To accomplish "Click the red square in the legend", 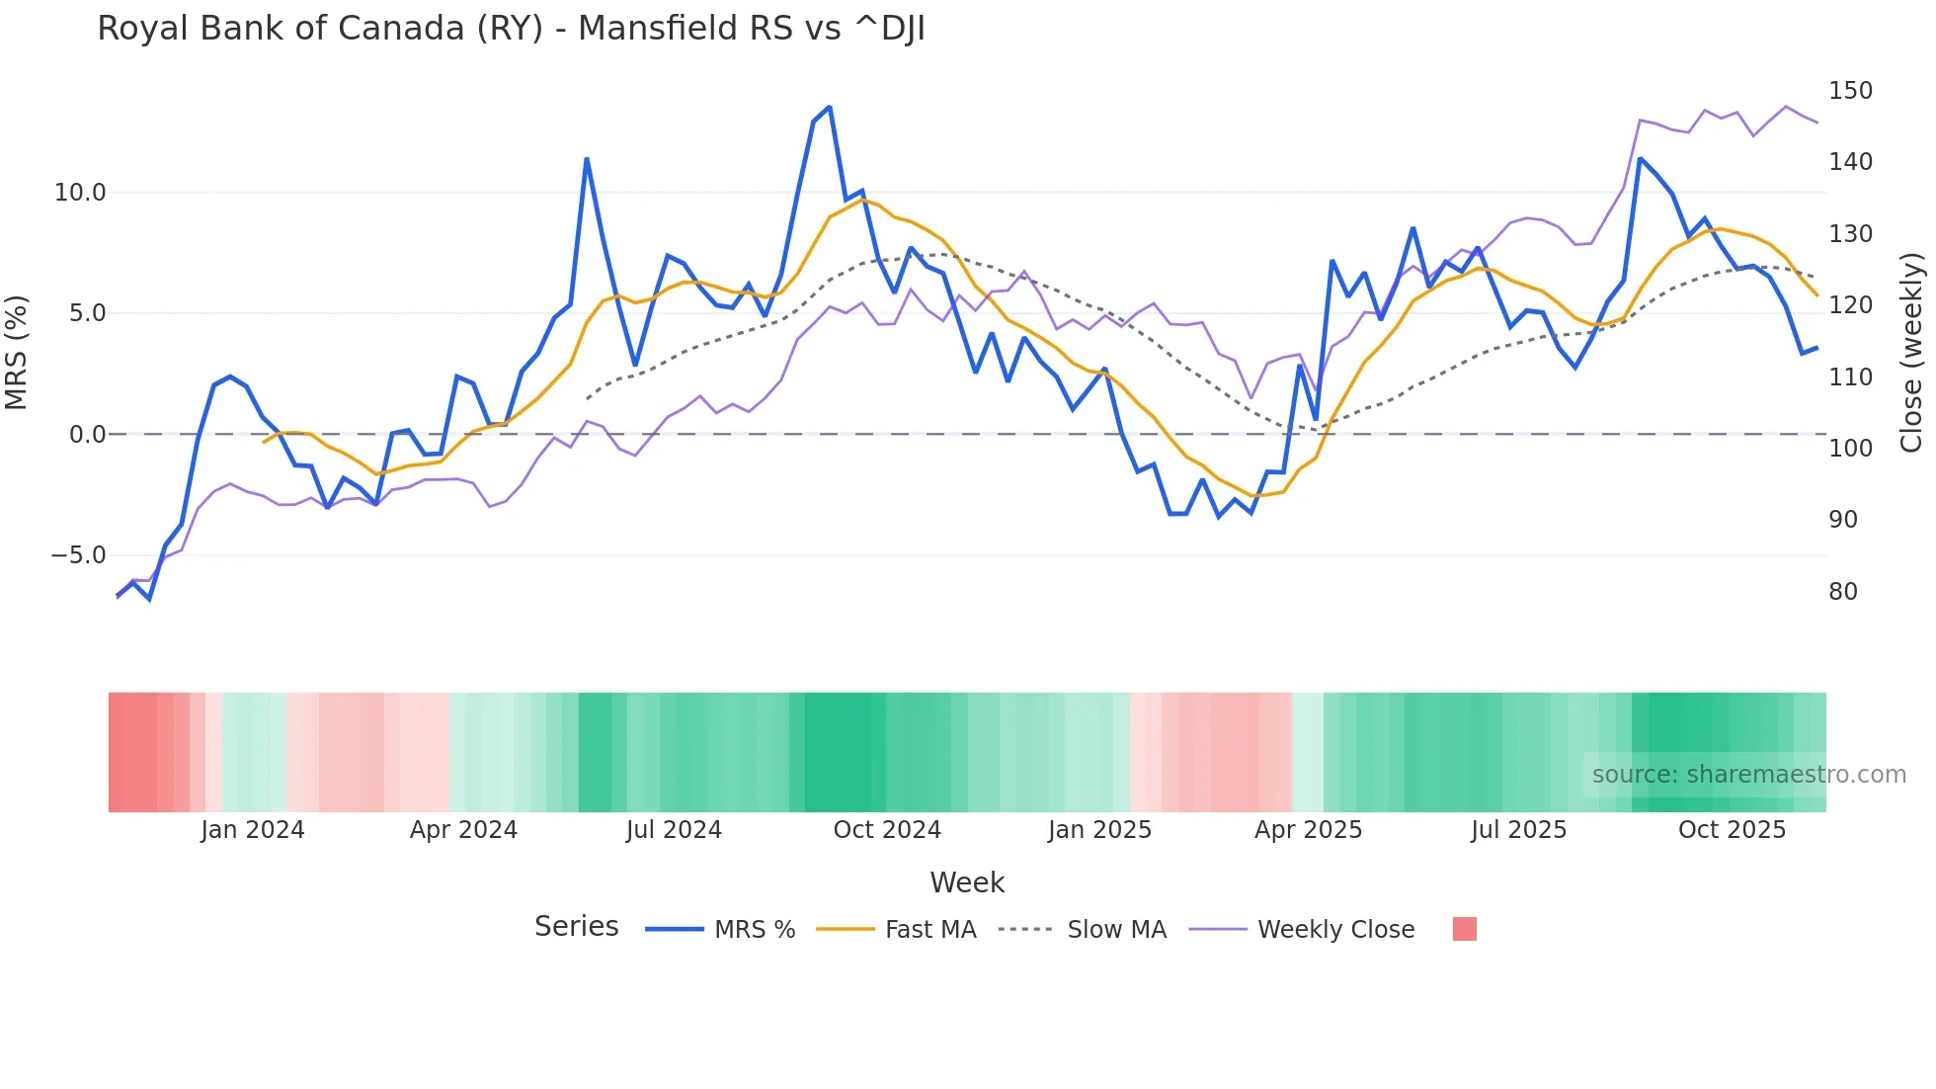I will (x=1465, y=929).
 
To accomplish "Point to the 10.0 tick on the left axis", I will (x=79, y=193).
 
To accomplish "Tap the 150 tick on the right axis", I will (x=1850, y=91).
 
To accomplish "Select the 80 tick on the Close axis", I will (x=1843, y=592).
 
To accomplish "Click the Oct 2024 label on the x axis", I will (x=887, y=830).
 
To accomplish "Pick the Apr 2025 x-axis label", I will (x=1308, y=830).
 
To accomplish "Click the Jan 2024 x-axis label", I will (x=252, y=830).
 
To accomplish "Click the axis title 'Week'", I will (x=967, y=882).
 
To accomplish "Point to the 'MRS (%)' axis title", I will (x=16, y=352).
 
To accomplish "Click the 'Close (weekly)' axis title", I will (x=1911, y=352).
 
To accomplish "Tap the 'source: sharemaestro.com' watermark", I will (x=1748, y=775).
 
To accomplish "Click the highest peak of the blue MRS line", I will (x=830, y=107).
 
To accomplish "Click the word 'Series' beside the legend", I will (x=576, y=927).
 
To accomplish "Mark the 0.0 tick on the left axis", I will (x=87, y=435).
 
